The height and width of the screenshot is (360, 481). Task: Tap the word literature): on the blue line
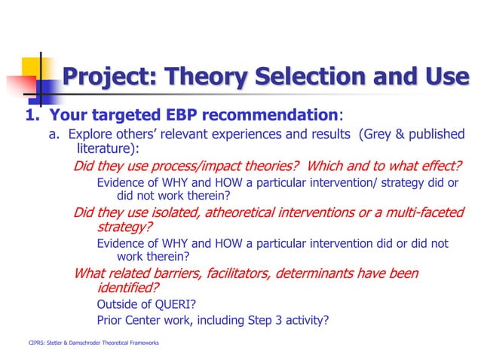[105, 148]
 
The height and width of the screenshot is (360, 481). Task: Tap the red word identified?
[128, 288]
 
